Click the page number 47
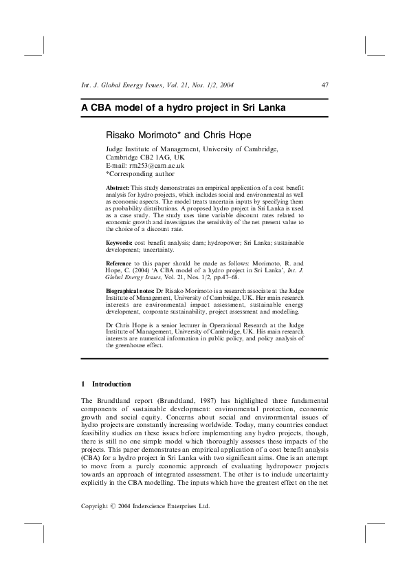(325, 85)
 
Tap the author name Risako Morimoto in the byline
(142, 135)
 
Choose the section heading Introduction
(111, 384)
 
